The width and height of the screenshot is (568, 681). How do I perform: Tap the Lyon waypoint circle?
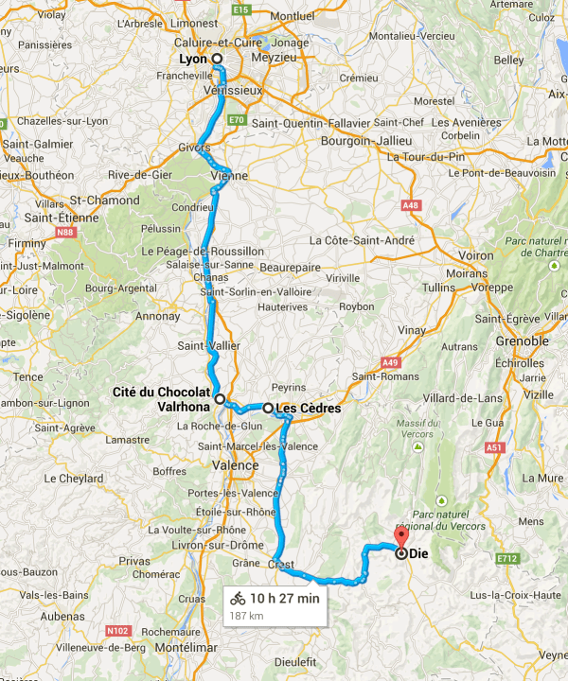coord(217,59)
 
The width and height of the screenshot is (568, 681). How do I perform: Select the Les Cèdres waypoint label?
coord(307,409)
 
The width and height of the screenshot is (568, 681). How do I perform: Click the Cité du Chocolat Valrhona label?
coord(162,398)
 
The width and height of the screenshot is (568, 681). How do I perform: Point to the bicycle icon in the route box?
coord(238,598)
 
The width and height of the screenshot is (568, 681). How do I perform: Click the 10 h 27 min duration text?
coord(285,598)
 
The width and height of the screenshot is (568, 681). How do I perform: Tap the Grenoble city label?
coord(521,340)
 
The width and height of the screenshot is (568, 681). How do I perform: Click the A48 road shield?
coord(410,204)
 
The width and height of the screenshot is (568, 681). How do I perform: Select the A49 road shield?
coord(388,361)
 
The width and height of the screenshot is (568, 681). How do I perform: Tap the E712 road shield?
coord(508,559)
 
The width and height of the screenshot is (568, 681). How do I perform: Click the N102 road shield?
coord(118,630)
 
